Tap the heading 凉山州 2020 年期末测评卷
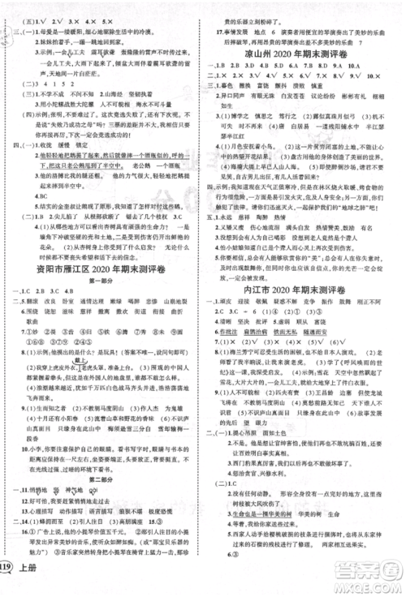click(x=304, y=47)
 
